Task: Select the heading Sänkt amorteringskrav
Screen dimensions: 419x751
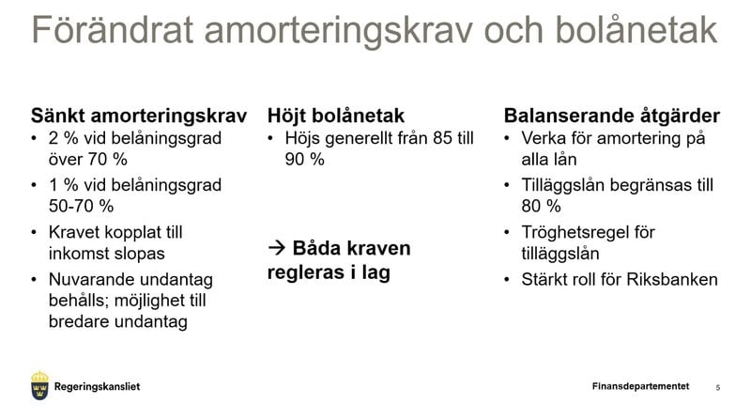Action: tap(139, 116)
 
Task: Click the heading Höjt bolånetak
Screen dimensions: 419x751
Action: tap(335, 116)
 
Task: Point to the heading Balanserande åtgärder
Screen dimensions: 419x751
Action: tap(612, 116)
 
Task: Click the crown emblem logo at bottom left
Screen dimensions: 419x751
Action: tap(39, 385)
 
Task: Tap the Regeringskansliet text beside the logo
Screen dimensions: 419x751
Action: tap(98, 386)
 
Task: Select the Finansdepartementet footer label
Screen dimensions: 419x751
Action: tap(640, 386)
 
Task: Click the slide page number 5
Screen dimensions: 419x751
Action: tap(718, 387)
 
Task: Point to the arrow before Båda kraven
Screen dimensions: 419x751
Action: tap(276, 249)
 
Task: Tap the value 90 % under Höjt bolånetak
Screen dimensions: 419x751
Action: tap(304, 160)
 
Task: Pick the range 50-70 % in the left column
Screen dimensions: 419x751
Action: tap(81, 206)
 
